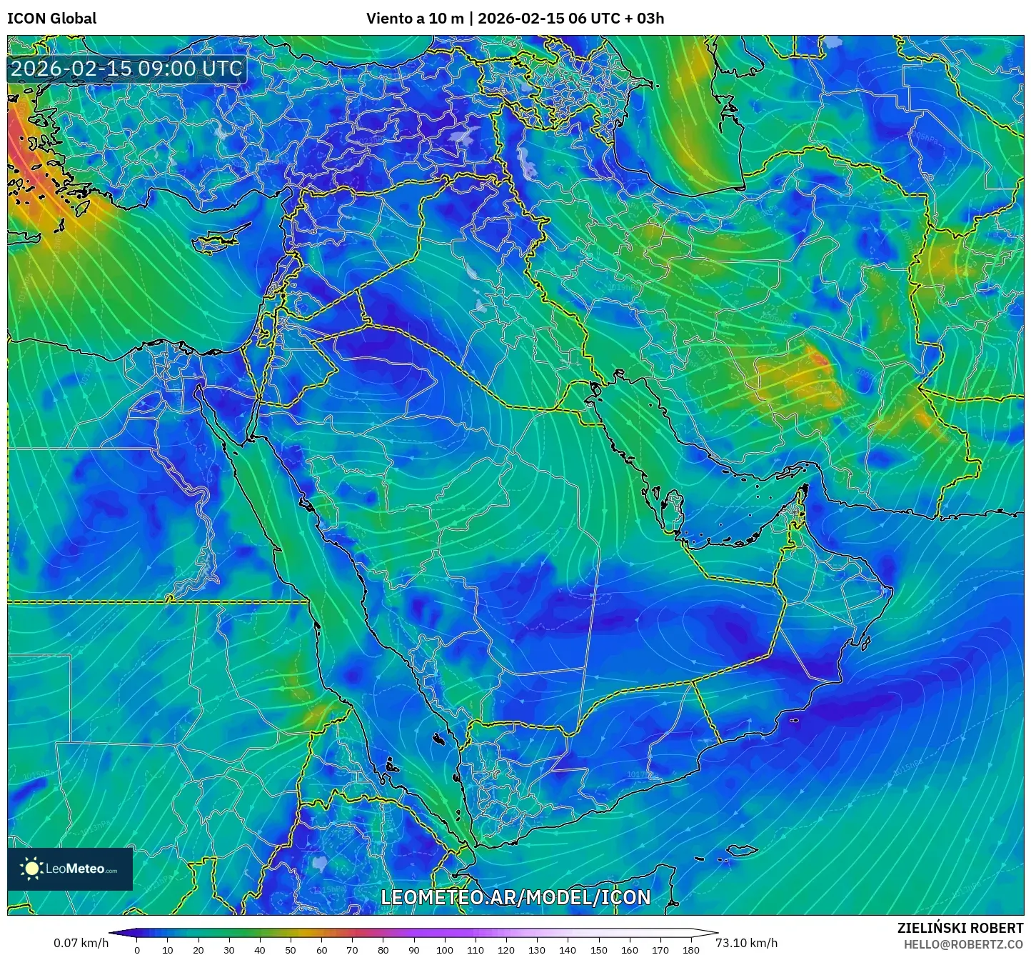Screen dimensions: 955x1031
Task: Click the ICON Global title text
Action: [x=51, y=18]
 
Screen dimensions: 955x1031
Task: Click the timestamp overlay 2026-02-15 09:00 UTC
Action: [x=126, y=69]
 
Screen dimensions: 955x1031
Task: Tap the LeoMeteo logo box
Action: [x=70, y=869]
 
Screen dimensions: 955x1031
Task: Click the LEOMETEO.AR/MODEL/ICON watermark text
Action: [x=515, y=898]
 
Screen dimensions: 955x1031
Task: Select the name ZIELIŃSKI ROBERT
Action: [x=960, y=928]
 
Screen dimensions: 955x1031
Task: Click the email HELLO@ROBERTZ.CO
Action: [x=963, y=944]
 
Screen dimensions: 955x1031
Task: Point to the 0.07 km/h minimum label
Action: [x=81, y=943]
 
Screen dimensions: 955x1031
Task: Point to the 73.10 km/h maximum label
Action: [x=747, y=943]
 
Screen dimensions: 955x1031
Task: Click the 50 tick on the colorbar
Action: [x=291, y=950]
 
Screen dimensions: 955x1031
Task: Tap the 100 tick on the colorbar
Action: [x=444, y=950]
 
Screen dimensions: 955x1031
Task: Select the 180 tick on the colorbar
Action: [x=690, y=950]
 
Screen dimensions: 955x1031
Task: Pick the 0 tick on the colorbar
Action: [x=137, y=950]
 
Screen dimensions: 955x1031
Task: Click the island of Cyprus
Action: [x=220, y=240]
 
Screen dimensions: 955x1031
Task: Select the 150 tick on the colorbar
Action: [x=598, y=950]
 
